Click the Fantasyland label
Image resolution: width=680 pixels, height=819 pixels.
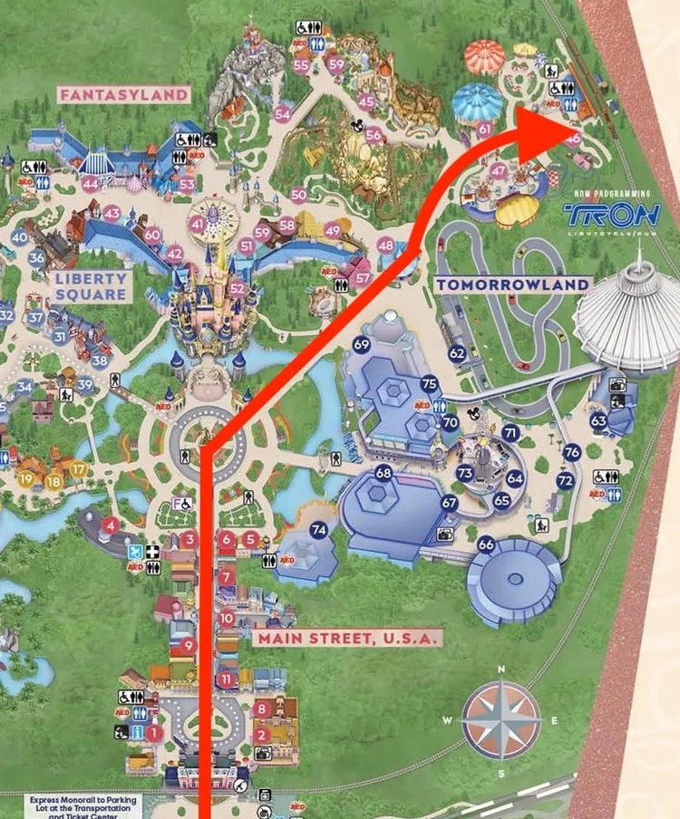124,93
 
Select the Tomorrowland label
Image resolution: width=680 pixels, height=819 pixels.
512,284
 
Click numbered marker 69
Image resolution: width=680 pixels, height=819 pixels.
362,344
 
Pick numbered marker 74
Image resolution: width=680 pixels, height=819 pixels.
318,530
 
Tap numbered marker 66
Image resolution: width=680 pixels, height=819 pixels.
486,544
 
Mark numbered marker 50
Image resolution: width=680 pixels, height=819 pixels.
299,194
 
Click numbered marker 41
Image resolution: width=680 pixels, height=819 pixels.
199,225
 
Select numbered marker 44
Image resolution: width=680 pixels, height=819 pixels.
90,184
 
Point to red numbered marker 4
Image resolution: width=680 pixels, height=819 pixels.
110,525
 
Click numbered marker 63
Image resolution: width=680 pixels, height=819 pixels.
598,420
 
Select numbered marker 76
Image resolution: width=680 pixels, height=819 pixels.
571,451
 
